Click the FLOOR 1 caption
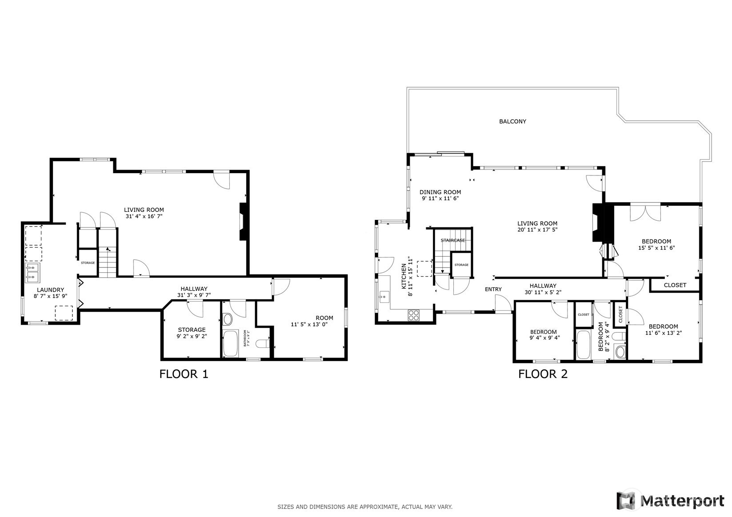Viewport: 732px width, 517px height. [x=184, y=374]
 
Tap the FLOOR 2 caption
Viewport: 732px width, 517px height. [x=543, y=374]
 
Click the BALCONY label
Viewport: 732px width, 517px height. [x=512, y=121]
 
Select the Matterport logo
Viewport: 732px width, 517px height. [x=670, y=501]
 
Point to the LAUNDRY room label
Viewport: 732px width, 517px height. [x=50, y=290]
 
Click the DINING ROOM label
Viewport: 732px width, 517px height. [x=440, y=192]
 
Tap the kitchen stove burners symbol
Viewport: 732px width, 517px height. [x=414, y=315]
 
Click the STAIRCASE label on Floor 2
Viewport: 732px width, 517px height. [x=453, y=240]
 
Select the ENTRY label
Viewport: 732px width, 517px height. [x=493, y=289]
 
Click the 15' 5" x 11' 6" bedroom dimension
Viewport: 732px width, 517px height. [x=656, y=248]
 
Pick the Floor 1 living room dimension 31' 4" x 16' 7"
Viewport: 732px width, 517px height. [x=144, y=216]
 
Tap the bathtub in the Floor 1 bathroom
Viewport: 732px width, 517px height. [x=231, y=343]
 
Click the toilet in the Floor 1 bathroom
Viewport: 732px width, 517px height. [x=263, y=343]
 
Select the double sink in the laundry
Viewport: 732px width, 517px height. [x=32, y=272]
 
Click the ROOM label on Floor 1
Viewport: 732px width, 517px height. [x=324, y=318]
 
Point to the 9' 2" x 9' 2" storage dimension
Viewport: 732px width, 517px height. [x=192, y=336]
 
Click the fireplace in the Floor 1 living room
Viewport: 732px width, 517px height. [x=243, y=222]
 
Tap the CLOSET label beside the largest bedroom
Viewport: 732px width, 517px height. [x=675, y=285]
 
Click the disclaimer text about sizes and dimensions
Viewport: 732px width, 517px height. [x=365, y=507]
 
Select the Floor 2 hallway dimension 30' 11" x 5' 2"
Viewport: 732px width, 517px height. [x=543, y=292]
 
